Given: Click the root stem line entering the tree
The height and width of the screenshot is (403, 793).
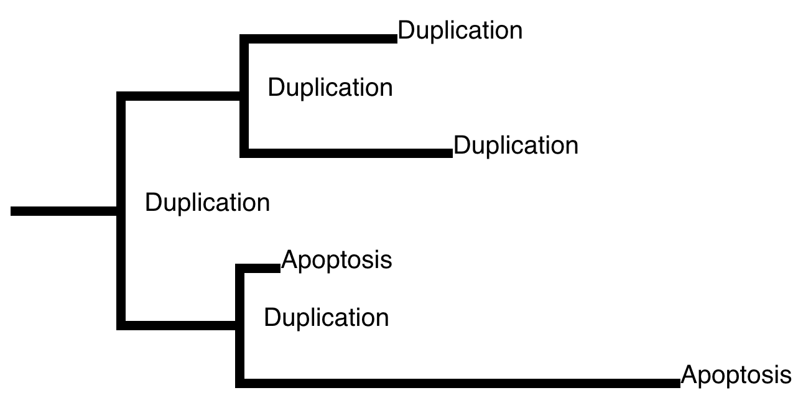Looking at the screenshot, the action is (63, 211).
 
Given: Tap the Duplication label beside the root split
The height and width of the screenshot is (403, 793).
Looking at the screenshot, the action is (208, 203).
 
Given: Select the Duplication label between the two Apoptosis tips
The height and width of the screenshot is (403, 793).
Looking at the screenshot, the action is (327, 318).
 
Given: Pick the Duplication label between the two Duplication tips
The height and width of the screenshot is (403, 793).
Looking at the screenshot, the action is (330, 88).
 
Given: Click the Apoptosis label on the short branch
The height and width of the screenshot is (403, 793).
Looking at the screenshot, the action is (336, 261).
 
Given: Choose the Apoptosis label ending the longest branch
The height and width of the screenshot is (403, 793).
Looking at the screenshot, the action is (736, 376).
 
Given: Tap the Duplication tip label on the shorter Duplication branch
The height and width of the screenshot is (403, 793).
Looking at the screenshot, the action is (460, 30).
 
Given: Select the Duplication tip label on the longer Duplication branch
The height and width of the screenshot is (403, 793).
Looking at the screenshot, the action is (516, 146).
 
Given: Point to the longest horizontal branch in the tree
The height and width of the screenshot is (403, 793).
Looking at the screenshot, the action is (458, 383).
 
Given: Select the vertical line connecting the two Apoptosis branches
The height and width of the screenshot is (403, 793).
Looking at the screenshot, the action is (240, 326).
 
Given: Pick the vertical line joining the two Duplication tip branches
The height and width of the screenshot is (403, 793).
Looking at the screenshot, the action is (244, 96).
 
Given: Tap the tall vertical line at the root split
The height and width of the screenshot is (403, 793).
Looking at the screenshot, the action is (121, 211).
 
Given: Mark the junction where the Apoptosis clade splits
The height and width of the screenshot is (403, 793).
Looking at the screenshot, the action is (240, 326).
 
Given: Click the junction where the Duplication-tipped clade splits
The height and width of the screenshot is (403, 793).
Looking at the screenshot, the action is (244, 96).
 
